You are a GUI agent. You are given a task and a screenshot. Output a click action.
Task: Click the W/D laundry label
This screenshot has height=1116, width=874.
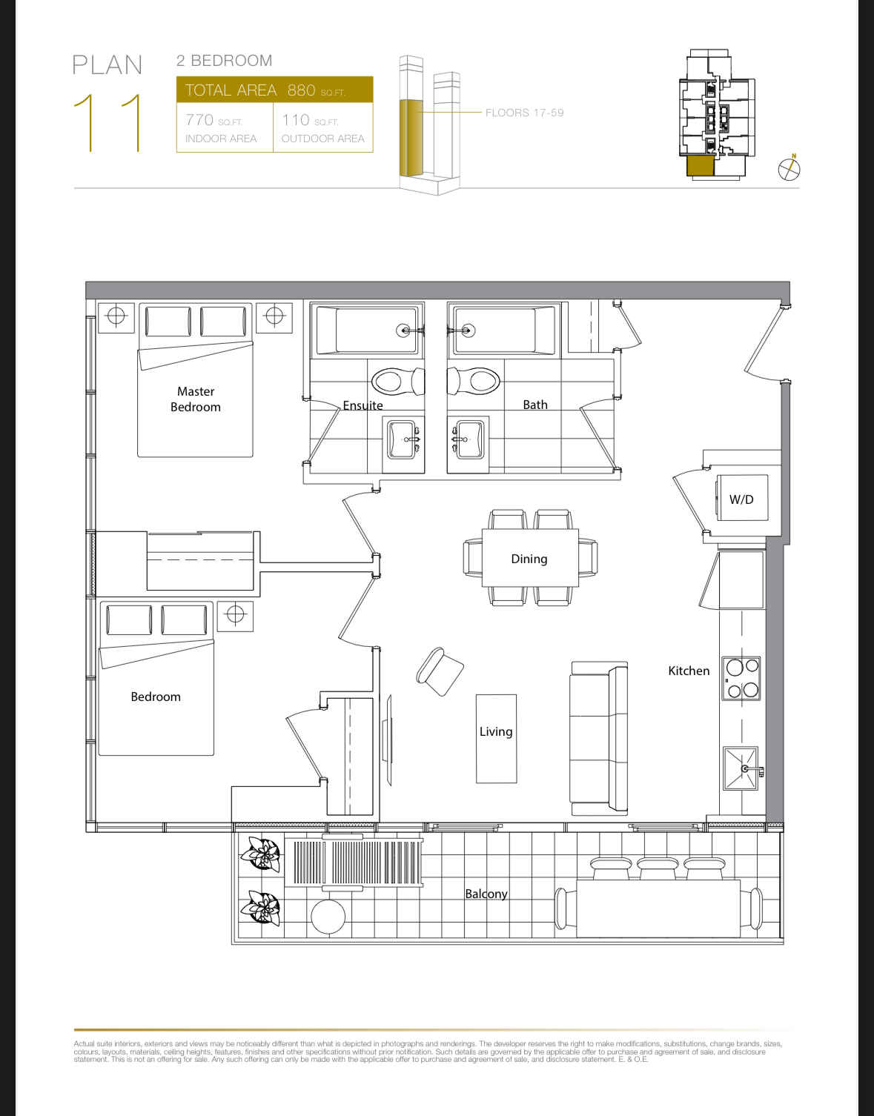coord(741,499)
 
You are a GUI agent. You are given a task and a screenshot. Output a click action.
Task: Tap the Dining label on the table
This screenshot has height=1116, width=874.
coord(529,559)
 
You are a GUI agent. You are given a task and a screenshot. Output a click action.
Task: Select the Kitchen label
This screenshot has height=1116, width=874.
coord(689,671)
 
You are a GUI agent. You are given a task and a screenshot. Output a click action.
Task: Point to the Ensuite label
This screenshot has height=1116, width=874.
coord(362,405)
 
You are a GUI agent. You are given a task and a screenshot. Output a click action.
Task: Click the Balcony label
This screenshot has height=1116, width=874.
coord(486,894)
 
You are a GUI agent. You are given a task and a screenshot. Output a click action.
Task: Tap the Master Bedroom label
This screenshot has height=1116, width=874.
coord(196,399)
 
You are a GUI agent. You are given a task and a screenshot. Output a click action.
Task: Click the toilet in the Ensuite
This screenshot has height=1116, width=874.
coord(398,381)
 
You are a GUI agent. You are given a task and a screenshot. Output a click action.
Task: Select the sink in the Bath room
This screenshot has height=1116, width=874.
coord(468,440)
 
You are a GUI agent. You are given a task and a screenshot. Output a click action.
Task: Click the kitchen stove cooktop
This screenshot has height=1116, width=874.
coord(741,679)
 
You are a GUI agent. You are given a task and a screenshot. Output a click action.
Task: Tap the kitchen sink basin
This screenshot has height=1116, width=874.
coord(741,768)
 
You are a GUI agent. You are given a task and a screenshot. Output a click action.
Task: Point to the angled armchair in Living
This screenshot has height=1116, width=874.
coord(440,671)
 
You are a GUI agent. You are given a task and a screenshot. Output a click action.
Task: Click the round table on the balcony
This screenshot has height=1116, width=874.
coord(328,917)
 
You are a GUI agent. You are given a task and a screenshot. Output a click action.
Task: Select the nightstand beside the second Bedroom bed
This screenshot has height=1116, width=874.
coord(235,617)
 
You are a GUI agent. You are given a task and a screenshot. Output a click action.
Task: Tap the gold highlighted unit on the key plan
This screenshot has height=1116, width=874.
coord(701,167)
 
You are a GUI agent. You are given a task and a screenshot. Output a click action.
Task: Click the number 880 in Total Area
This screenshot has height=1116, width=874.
coord(302,90)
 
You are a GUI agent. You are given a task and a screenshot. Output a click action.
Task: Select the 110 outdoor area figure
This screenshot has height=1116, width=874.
coord(296,120)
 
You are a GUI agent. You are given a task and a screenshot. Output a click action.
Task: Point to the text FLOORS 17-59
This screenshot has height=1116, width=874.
coord(524,113)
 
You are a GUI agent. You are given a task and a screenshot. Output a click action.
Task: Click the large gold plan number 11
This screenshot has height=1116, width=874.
coord(107,123)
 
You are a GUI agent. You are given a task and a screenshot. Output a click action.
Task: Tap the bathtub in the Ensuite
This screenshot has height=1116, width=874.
coord(367,330)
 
